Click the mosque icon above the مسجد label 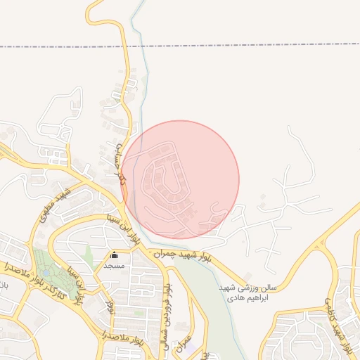coord(114,255)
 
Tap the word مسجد coord(114,266)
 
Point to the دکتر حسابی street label coord(122,162)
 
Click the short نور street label coord(109,307)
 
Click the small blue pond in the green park coord(46,272)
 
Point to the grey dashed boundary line coord(211,44)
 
